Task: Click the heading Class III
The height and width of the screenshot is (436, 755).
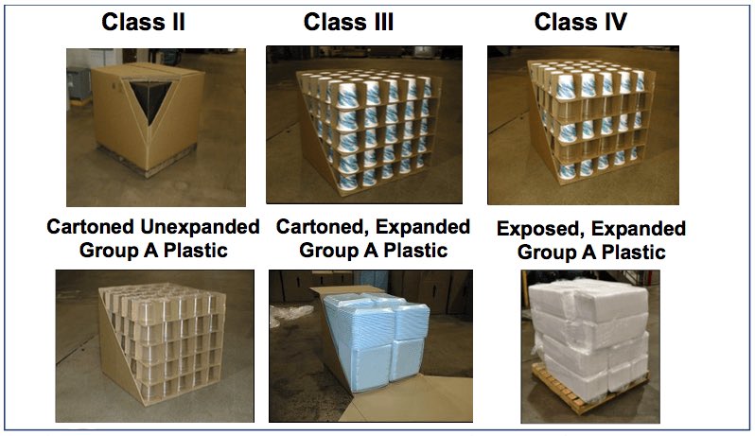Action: point(348,21)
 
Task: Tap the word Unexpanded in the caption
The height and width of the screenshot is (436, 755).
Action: point(204,228)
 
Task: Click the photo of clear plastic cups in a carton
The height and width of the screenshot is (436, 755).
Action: point(154,346)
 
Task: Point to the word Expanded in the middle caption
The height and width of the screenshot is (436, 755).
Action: point(426,228)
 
